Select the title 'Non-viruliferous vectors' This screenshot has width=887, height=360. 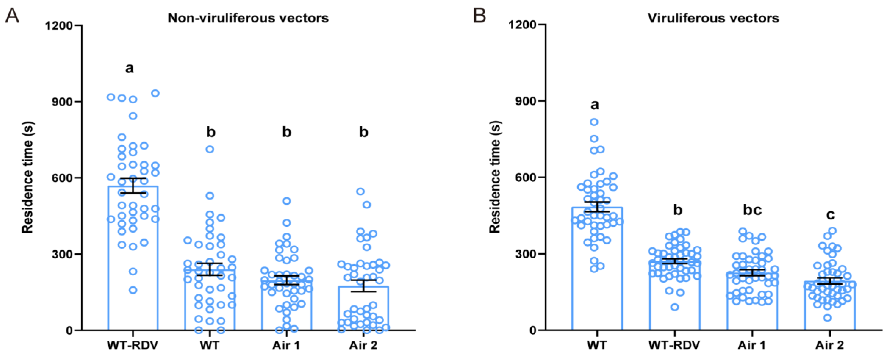pyautogui.click(x=248, y=18)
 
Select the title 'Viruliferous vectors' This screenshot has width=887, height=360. pyautogui.click(x=713, y=18)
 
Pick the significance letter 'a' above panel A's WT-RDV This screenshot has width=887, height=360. pyautogui.click(x=130, y=68)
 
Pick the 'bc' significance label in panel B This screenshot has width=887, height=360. pyautogui.click(x=752, y=210)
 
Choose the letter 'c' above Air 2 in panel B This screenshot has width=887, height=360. pyautogui.click(x=830, y=215)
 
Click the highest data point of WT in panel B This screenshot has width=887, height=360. pyautogui.click(x=594, y=122)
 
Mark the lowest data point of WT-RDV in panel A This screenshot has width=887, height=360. pyautogui.click(x=133, y=290)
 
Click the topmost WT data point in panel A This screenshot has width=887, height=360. pyautogui.click(x=210, y=149)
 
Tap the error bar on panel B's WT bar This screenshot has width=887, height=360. pyautogui.click(x=597, y=206)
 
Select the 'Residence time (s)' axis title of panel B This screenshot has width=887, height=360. pyautogui.click(x=495, y=177)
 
